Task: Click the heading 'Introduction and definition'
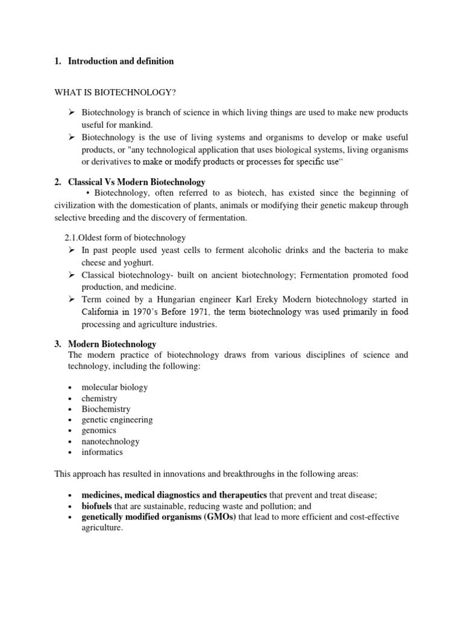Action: point(121,61)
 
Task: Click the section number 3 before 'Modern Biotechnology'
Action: point(58,344)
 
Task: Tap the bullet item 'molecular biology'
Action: point(115,387)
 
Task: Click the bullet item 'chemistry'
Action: point(99,398)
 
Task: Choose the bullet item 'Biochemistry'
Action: point(106,409)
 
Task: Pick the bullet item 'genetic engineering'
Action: point(117,420)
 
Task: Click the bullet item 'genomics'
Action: point(99,431)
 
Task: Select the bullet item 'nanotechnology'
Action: point(110,442)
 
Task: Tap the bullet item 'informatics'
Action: point(102,452)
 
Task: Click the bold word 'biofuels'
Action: point(97,506)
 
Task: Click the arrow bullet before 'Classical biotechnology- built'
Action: point(71,275)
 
